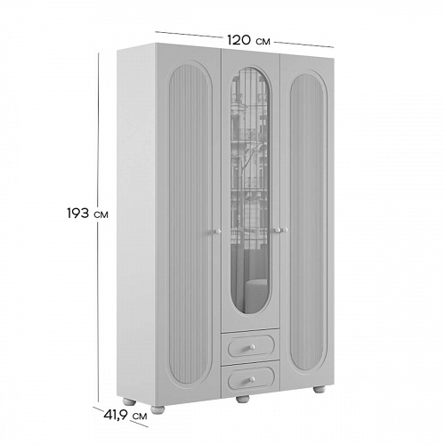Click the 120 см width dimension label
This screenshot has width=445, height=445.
pyautogui.click(x=248, y=40)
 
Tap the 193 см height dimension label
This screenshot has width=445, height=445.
pyautogui.click(x=87, y=214)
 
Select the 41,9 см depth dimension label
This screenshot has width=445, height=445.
pyautogui.click(x=125, y=416)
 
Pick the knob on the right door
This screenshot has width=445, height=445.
pyautogui.click(x=285, y=230)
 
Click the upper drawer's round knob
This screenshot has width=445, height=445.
pyautogui.click(x=252, y=346)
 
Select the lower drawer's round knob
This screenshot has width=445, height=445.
pyautogui.click(x=252, y=379)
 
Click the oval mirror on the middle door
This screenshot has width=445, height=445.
pyautogui.click(x=250, y=190)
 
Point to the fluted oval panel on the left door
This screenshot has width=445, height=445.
pyautogui.click(x=190, y=223)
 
